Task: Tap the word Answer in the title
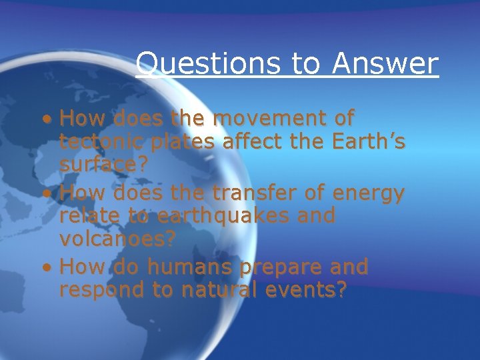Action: pos(385,64)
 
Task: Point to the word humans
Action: pos(191,267)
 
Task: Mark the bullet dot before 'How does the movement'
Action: pos(46,120)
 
